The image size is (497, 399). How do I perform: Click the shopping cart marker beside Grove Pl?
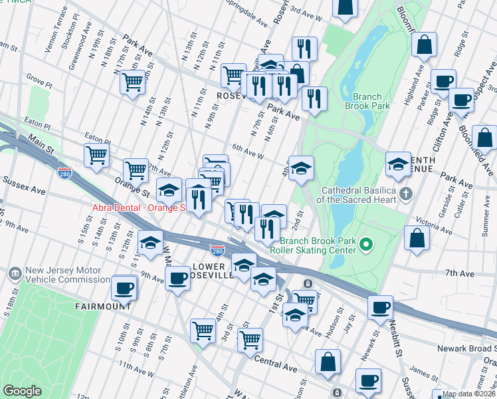pos(133,82)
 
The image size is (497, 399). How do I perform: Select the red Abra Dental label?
pos(138,207)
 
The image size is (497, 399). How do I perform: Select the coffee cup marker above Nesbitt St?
pos(380,307)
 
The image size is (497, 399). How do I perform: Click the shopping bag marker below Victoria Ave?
pos(417,239)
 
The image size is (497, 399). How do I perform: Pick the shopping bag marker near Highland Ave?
pos(424,45)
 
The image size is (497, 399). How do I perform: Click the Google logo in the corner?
pos(23,391)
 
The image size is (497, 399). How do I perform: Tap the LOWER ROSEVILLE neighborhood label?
pos(212,271)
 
